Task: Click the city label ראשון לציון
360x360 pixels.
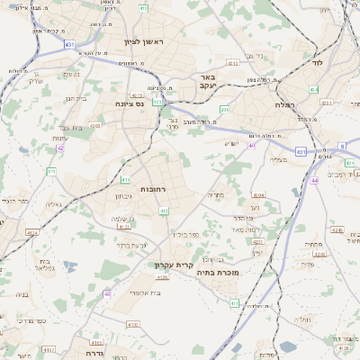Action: click(141, 41)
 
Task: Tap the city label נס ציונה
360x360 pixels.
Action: click(132, 103)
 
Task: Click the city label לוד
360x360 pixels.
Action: click(317, 63)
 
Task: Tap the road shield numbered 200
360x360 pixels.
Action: click(224, 110)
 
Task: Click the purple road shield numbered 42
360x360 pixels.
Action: click(60, 148)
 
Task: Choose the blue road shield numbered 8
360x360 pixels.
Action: click(342, 145)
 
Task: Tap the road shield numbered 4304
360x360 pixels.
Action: click(258, 194)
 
